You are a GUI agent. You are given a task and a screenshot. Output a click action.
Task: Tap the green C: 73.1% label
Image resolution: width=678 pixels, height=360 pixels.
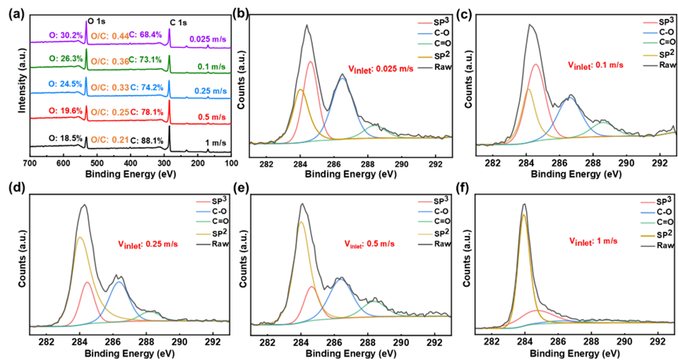point(146,60)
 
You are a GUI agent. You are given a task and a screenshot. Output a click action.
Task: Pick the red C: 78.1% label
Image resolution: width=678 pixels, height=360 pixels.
point(147,112)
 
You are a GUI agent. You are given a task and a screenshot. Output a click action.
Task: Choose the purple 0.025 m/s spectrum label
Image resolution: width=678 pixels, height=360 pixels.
point(208,39)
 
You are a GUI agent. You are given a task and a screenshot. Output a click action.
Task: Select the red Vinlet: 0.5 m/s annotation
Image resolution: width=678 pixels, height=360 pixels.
point(369,244)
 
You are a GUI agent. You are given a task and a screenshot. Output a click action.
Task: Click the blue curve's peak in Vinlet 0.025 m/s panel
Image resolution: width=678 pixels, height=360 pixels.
point(342,76)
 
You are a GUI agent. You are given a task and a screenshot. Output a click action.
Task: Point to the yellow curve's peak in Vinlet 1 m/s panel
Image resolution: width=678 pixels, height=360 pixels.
point(524,215)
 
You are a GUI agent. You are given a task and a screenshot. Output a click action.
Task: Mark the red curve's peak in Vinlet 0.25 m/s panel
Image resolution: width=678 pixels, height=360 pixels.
point(87,282)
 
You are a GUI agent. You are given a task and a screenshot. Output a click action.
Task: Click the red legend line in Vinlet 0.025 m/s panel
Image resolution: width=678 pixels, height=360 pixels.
point(425,23)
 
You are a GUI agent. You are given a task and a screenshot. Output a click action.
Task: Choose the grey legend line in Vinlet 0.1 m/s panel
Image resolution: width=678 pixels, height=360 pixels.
point(650,65)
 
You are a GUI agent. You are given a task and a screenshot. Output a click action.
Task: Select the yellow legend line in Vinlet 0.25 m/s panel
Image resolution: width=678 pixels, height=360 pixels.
point(202,233)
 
